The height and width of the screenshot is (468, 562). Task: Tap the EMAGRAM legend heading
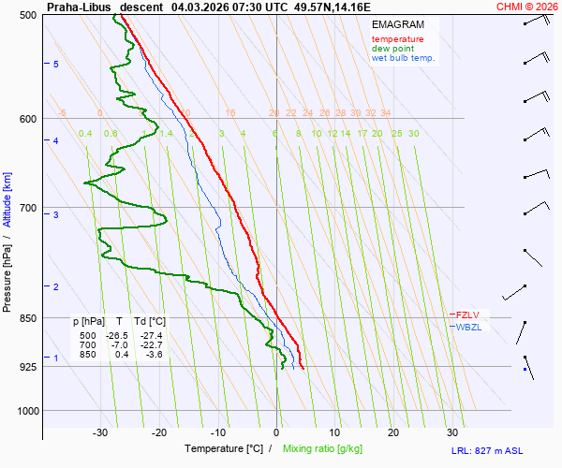point(397,24)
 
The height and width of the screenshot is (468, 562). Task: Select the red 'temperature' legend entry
point(397,39)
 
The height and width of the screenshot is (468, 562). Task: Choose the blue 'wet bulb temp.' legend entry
point(403,58)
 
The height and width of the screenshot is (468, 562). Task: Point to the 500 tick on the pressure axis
point(27,15)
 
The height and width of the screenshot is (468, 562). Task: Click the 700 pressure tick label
point(27,208)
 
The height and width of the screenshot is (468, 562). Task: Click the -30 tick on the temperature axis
point(100,432)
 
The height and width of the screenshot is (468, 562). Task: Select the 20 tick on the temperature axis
point(393,432)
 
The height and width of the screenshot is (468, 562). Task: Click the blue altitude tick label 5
point(56,64)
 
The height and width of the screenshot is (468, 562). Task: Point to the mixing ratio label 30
point(413,134)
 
